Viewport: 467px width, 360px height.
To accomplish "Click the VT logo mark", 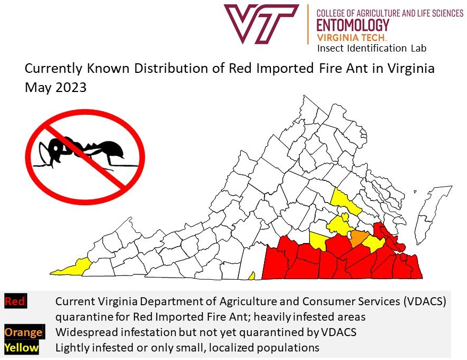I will pos(262,24).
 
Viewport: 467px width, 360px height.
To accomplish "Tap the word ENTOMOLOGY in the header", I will pos(353,25).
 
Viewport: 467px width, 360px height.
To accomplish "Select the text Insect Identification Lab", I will pos(371,48).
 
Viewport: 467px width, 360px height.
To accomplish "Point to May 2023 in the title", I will pos(56,88).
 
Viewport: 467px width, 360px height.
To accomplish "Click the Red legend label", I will pos(15,302).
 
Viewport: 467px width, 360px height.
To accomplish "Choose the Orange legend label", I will pos(23,332).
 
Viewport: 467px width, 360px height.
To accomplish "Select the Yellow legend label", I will pos(21,348).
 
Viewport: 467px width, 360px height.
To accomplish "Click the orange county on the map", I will pos(359,239).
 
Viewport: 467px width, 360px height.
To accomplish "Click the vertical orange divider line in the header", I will pos(308,24).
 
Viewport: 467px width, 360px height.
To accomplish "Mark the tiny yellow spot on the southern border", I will pos(252,275).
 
